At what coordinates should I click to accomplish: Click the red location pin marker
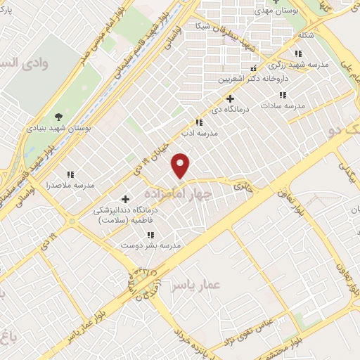181,165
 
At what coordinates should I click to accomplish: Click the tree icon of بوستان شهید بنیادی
58,117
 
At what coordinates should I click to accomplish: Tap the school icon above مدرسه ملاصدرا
70,174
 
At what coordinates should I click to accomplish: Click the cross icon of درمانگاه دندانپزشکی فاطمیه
127,199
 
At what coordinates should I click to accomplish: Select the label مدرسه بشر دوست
160,245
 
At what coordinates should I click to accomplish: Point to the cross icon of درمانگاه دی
231,98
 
